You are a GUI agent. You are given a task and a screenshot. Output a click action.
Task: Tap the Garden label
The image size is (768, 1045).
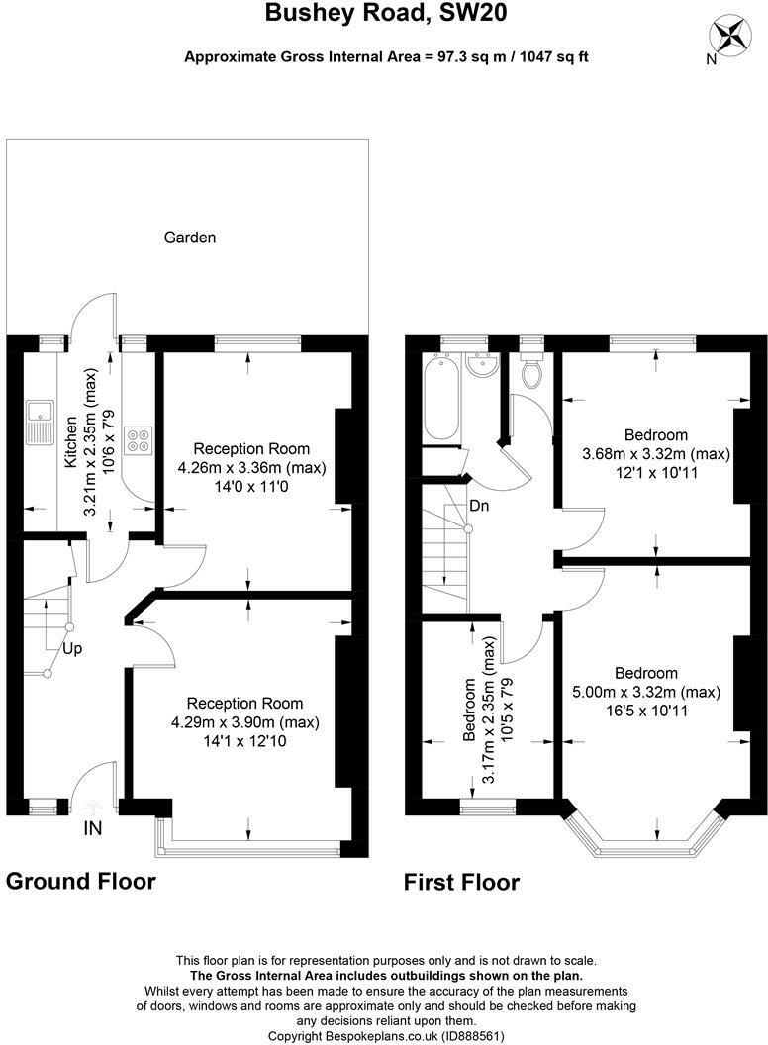click(x=190, y=237)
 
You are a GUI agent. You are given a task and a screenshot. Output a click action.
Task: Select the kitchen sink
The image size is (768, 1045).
click(x=40, y=422)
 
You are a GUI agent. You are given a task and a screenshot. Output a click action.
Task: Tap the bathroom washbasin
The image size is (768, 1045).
click(x=482, y=365)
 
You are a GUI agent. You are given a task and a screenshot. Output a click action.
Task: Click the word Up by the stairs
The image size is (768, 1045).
click(x=72, y=648)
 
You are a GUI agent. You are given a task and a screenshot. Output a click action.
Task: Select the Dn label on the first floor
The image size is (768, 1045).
click(x=479, y=506)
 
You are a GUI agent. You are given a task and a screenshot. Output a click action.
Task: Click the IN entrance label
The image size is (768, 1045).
click(x=93, y=828)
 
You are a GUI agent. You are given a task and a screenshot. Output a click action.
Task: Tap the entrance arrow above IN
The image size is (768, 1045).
click(x=92, y=808)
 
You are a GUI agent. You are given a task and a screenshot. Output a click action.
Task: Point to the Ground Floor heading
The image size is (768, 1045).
click(x=81, y=881)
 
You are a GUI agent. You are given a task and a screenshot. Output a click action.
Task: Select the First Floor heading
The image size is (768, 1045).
click(x=461, y=883)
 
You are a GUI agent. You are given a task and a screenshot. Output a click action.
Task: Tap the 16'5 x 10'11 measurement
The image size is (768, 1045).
click(x=646, y=711)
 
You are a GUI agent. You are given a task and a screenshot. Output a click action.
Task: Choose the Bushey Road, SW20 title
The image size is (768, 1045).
click(x=386, y=13)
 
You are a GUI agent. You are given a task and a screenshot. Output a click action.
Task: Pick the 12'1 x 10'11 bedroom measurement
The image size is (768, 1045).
click(x=656, y=472)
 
